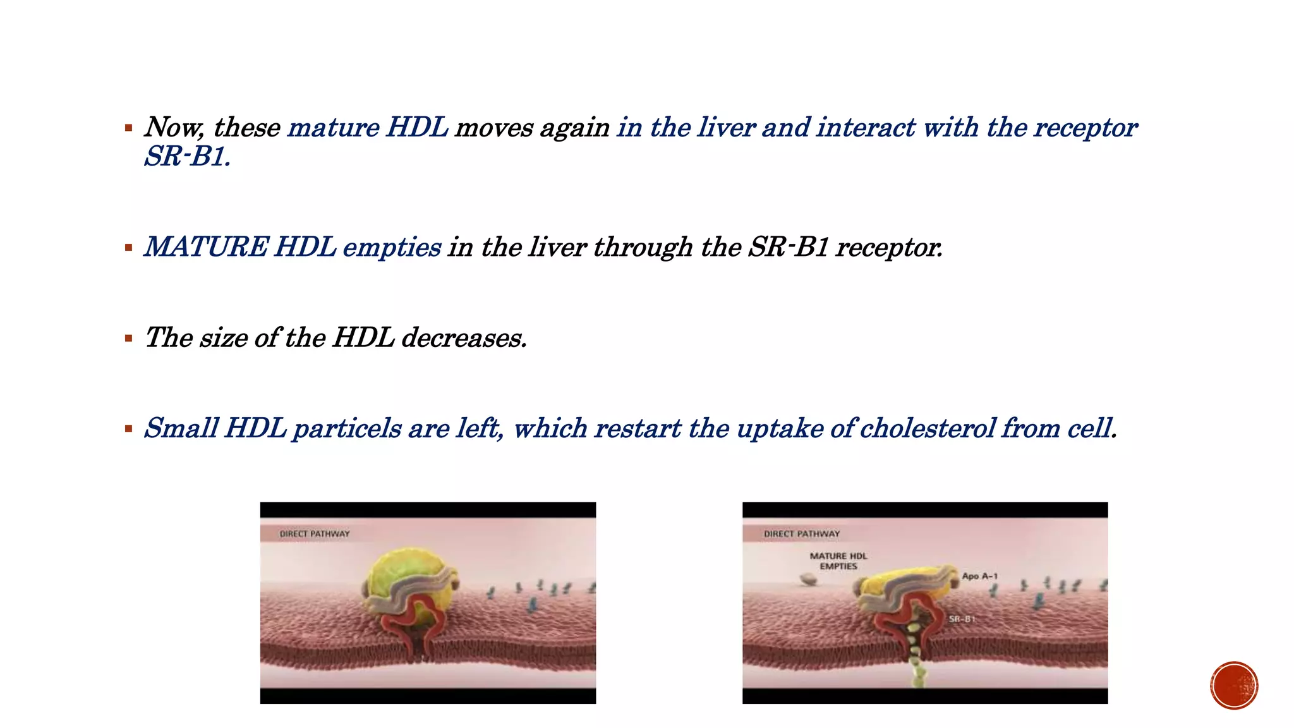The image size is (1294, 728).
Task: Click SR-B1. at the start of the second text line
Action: tap(187, 157)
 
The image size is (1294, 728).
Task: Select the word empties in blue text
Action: tap(392, 247)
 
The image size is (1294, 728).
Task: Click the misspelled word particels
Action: tap(347, 429)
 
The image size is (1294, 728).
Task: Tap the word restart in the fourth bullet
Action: tap(638, 429)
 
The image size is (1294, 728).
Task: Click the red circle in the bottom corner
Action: tap(1234, 685)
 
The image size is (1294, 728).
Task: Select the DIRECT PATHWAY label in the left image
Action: tap(314, 534)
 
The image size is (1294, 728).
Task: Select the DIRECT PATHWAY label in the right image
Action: tap(802, 534)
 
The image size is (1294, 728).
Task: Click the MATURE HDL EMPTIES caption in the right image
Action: tap(838, 561)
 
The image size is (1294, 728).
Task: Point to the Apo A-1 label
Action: tap(979, 576)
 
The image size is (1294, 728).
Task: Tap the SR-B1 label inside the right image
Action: tap(962, 619)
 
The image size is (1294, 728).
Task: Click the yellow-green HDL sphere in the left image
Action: tap(398, 575)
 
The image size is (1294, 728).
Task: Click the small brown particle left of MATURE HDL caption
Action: tap(807, 578)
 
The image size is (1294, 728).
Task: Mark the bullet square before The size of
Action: tap(129, 338)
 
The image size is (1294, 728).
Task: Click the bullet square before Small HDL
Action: tap(129, 429)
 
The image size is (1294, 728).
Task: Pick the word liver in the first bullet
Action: tap(726, 128)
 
